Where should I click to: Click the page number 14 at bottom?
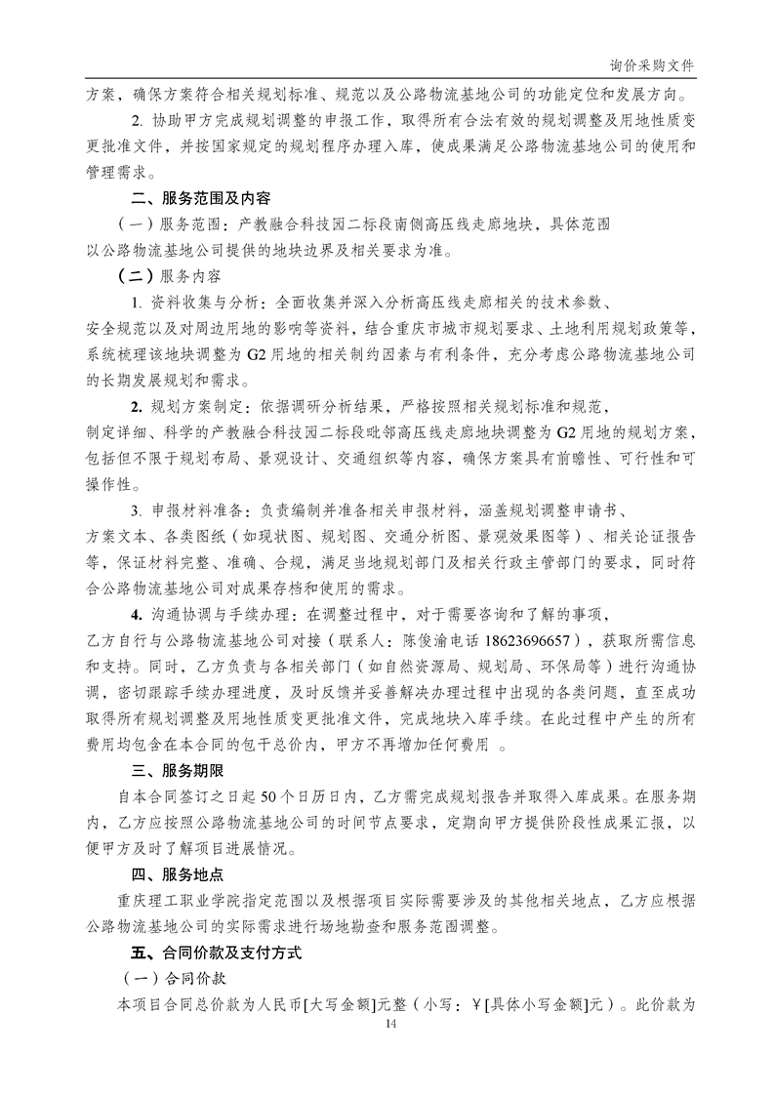pyautogui.click(x=391, y=1023)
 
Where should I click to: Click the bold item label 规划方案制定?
pyautogui.click(x=195, y=401)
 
